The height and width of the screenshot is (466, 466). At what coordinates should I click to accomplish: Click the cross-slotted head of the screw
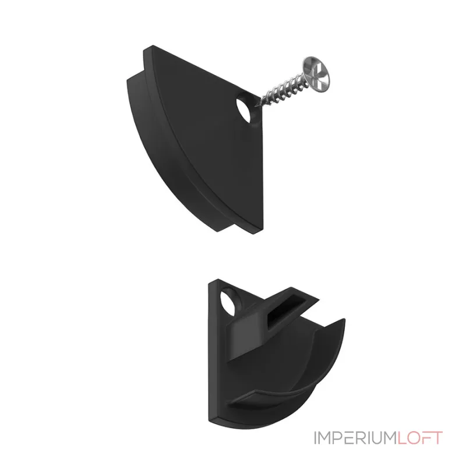pyautogui.click(x=317, y=75)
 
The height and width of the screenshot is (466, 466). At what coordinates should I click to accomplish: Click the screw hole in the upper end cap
pyautogui.click(x=245, y=111)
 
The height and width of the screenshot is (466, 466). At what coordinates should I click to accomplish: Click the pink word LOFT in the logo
pyautogui.click(x=419, y=437)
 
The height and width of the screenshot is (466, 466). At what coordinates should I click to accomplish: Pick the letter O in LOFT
pyautogui.click(x=413, y=437)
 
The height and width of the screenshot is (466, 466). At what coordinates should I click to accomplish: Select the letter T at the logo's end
pyautogui.click(x=436, y=437)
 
